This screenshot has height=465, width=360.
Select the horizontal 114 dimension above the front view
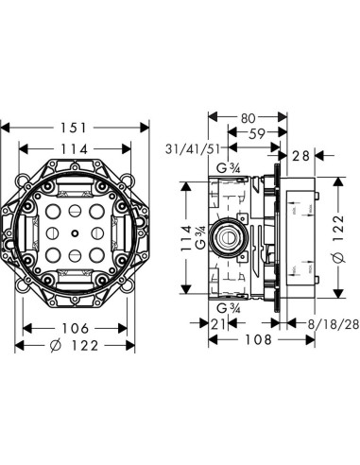77,148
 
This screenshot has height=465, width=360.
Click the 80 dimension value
248,119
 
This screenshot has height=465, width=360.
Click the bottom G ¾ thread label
227,308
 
